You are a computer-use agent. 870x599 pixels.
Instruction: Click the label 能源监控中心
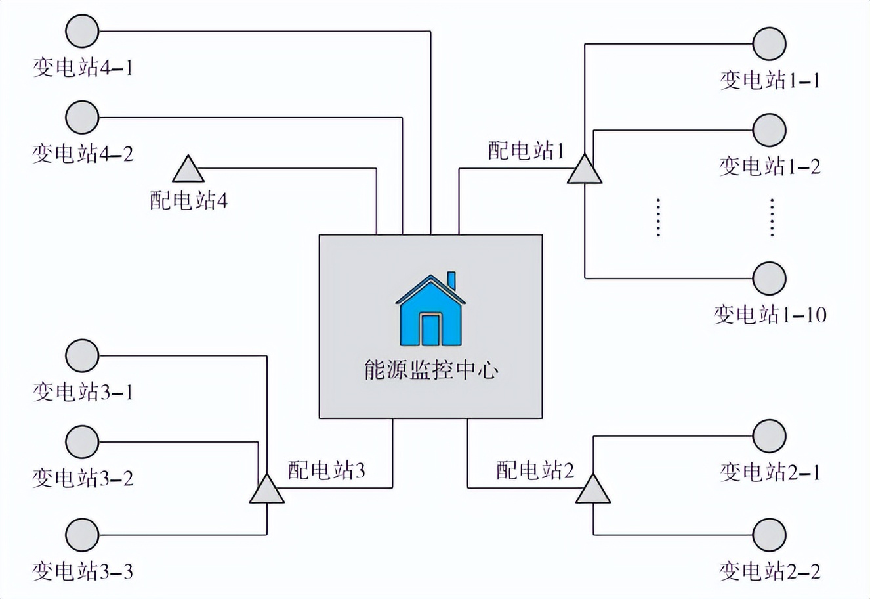430,370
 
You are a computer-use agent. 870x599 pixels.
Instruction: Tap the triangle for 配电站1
584,170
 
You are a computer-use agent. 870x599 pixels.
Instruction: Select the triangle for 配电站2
593,491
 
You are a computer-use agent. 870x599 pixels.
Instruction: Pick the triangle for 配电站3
267,491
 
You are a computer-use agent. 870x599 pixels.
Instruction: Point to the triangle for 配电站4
188,170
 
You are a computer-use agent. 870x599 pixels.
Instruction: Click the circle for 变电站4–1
83,31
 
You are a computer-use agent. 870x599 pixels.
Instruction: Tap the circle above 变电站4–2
83,118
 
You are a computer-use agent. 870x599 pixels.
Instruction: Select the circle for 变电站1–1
769,44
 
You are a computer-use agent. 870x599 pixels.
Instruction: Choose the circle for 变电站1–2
769,129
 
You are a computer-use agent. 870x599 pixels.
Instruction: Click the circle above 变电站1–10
769,278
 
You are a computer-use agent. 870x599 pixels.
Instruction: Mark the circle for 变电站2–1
769,435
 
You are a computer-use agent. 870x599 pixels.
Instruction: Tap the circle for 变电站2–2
769,535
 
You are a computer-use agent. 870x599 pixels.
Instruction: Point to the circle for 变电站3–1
83,356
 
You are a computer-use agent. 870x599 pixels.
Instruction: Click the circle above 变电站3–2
83,441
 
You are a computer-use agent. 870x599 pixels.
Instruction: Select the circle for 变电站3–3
83,535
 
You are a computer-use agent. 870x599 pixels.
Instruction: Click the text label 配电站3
326,470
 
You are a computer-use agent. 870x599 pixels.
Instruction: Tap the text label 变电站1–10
770,315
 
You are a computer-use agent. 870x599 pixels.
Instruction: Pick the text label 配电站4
188,200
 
